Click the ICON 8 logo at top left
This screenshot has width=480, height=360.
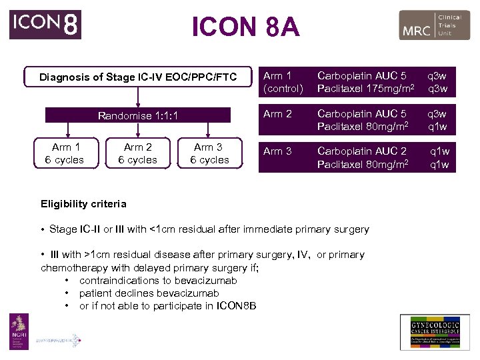[x=45, y=25]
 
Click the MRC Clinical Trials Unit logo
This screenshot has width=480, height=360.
[x=434, y=25]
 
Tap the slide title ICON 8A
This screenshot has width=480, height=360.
[x=245, y=27]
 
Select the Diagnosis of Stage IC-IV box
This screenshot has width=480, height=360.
[x=138, y=77]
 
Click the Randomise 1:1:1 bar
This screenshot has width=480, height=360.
[x=138, y=115]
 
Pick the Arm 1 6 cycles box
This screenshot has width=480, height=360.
[x=64, y=153]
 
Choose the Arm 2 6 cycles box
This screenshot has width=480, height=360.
[x=138, y=153]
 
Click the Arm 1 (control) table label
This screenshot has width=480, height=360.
[x=283, y=82]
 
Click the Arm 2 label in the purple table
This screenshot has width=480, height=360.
[x=277, y=114]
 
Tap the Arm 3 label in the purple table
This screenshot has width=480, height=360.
[x=277, y=151]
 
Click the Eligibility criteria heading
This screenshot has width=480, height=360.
[x=83, y=204]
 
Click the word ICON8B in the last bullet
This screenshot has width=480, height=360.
[x=236, y=306]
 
